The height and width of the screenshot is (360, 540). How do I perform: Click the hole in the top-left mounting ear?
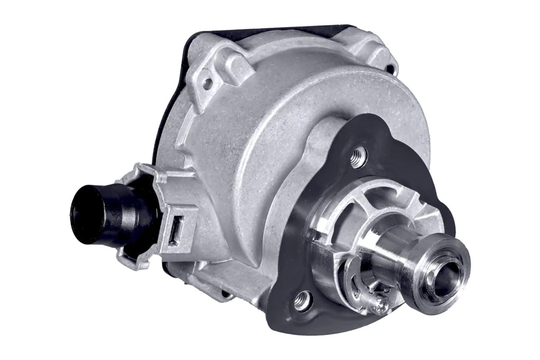tap(207, 84)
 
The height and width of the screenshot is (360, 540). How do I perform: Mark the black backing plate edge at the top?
tap(283, 30)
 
